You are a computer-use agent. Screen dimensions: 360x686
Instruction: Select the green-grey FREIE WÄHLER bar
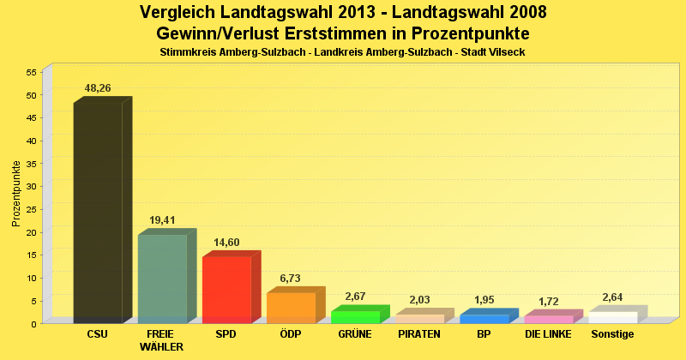(x=162, y=278)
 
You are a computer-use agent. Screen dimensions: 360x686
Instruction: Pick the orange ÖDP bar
(x=291, y=307)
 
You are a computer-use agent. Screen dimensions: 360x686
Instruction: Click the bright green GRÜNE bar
(x=355, y=316)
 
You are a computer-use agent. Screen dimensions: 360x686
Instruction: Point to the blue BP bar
(x=484, y=318)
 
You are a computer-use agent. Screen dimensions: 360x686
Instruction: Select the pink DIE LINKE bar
(x=548, y=319)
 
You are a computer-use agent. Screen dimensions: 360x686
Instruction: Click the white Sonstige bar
(x=612, y=317)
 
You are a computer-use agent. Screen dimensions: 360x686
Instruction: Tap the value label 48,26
(x=98, y=88)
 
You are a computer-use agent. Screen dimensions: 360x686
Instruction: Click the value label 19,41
(x=162, y=220)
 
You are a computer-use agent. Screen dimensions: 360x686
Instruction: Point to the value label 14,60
(x=226, y=243)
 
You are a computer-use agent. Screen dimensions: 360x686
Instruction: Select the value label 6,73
(x=291, y=279)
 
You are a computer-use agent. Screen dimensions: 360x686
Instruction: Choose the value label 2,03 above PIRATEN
(x=419, y=300)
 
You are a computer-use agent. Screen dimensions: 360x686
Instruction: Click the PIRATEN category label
(x=419, y=334)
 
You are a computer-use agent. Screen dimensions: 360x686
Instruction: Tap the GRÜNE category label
(x=355, y=334)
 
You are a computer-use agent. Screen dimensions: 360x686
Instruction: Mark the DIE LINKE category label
(x=548, y=334)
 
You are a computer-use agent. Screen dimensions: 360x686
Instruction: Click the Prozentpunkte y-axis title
(x=16, y=193)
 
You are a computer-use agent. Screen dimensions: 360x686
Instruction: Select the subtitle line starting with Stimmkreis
(x=342, y=52)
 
